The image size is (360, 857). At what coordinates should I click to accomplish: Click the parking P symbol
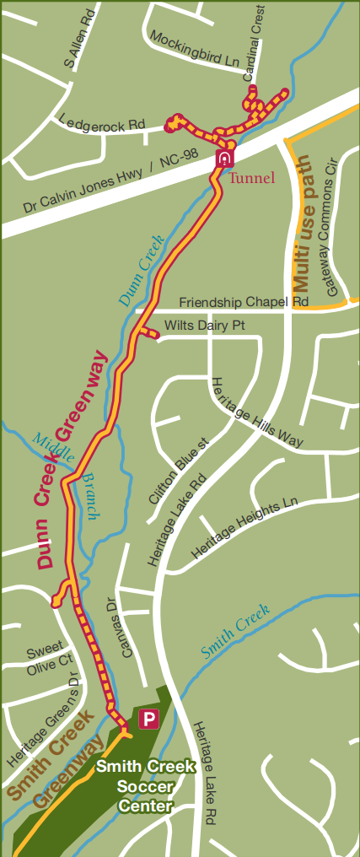tap(149, 720)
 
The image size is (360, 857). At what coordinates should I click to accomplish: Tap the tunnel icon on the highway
tap(224, 158)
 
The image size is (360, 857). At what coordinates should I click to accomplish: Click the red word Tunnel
tap(252, 178)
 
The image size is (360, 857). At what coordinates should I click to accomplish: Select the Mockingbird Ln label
tap(196, 49)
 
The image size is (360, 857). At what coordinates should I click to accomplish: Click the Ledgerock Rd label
tap(103, 123)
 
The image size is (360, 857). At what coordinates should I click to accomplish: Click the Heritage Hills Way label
tap(256, 412)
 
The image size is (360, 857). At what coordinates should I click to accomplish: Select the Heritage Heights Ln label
tap(244, 529)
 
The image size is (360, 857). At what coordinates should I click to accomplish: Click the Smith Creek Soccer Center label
tap(145, 786)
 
